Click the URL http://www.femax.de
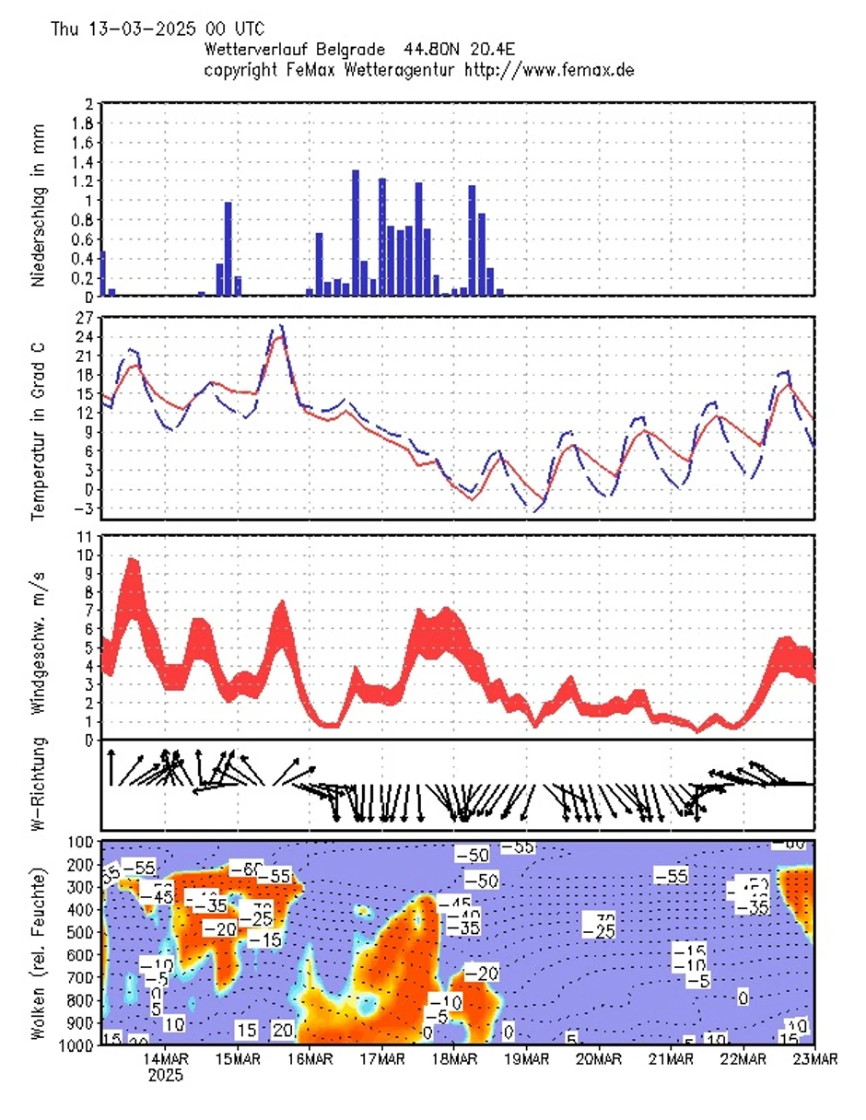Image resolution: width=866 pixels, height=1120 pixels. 549,69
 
